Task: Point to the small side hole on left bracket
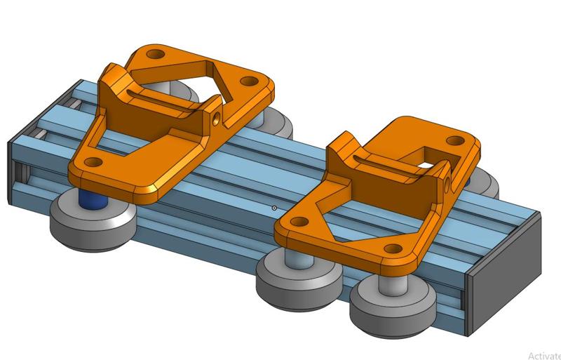point(217,114)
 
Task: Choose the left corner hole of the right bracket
point(297,222)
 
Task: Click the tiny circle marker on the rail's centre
point(273,208)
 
